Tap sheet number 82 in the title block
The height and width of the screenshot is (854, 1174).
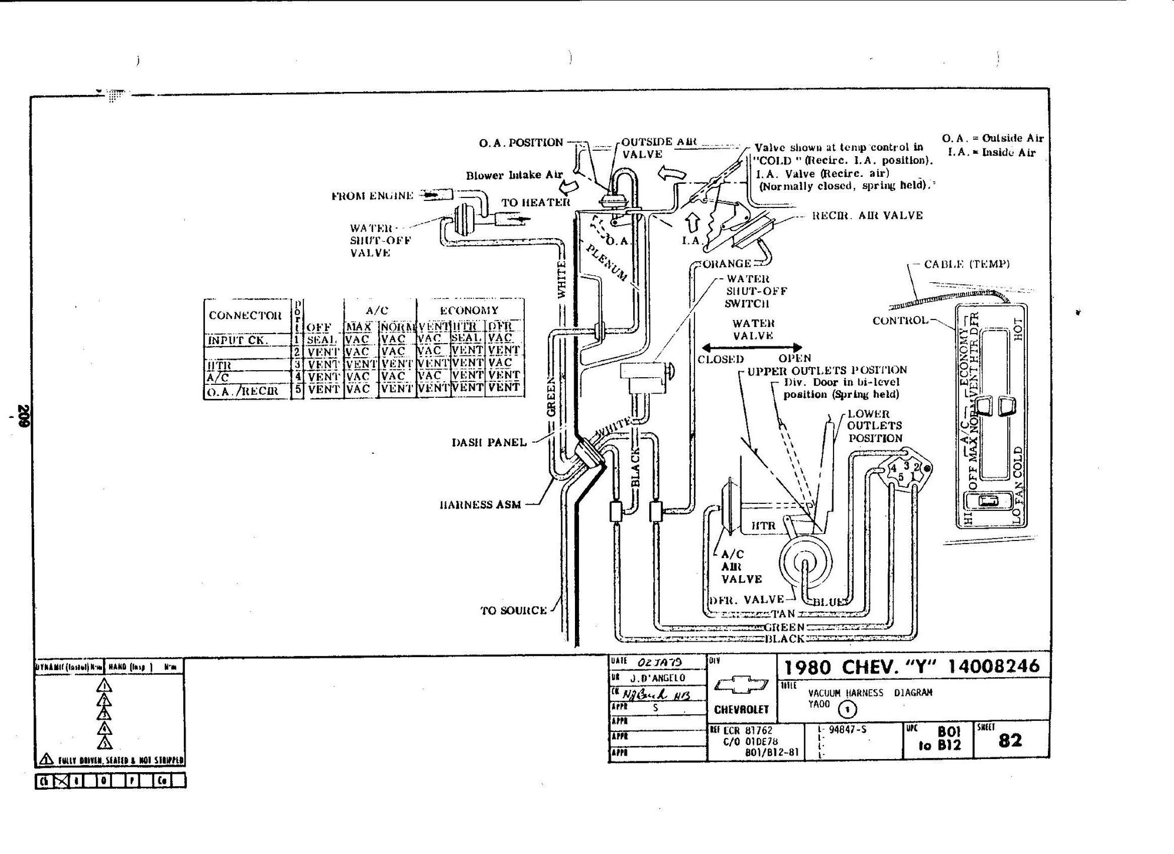1010,740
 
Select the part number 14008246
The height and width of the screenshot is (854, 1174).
994,667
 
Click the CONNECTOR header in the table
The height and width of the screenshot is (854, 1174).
245,315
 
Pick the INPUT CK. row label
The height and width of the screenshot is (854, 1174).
238,340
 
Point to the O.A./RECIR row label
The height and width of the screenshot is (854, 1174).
242,390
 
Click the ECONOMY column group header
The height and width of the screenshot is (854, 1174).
469,310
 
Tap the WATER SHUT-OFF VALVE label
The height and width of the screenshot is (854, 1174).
379,240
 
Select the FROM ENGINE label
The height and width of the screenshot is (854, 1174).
372,196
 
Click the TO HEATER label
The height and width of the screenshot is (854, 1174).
535,203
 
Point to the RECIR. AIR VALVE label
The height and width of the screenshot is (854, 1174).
867,216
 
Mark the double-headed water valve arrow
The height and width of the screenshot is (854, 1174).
752,347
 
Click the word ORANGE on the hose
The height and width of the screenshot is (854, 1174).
727,263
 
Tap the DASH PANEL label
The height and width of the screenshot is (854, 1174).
489,442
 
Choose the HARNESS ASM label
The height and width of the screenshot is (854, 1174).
480,505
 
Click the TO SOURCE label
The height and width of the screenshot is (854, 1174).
514,611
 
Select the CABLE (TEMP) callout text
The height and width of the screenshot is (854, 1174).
967,264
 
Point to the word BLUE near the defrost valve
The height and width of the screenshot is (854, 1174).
831,602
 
